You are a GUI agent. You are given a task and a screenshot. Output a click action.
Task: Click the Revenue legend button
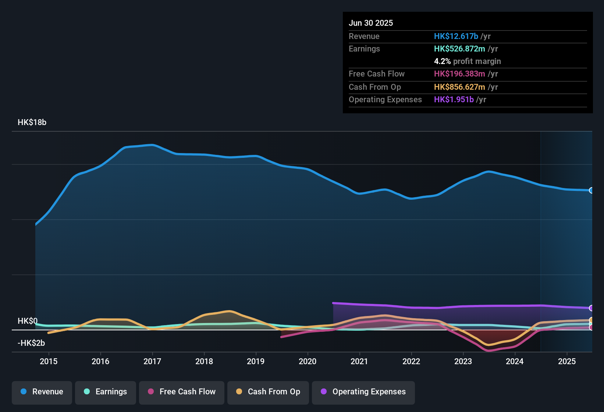(42, 392)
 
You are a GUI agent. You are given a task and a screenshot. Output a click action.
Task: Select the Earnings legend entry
(106, 392)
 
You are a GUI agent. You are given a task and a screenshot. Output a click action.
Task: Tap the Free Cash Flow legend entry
(182, 392)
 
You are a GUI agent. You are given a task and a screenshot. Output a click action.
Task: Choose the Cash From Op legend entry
(268, 392)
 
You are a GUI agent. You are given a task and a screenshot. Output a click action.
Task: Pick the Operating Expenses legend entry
(363, 392)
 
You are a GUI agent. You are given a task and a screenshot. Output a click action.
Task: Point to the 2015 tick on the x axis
(49, 361)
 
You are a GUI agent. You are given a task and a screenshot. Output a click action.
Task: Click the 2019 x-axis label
(256, 361)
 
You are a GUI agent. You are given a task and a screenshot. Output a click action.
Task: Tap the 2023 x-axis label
(463, 361)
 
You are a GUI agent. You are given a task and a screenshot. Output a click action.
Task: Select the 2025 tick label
(567, 361)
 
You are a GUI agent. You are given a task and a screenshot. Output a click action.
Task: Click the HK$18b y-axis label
(32, 122)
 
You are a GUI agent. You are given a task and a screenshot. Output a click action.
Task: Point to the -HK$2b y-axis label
(31, 343)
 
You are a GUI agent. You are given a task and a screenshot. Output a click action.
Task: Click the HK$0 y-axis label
(28, 321)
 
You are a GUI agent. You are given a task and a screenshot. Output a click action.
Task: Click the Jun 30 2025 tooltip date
(371, 23)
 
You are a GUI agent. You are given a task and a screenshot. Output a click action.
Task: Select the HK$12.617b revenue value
(456, 36)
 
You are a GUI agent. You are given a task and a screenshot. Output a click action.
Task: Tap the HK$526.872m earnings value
(459, 49)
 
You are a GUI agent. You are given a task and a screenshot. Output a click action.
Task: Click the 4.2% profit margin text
(467, 61)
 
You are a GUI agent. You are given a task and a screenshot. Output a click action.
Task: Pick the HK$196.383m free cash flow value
(459, 74)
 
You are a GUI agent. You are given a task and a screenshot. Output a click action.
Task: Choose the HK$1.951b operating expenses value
(454, 99)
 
